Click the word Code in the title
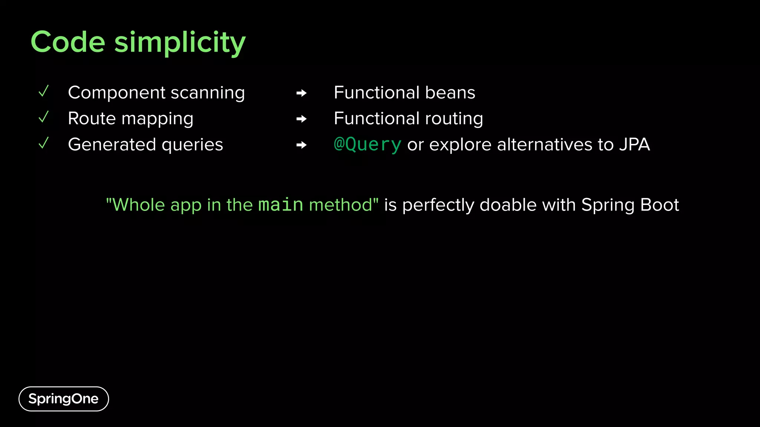68,42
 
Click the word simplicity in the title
180,43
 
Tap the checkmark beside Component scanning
44,91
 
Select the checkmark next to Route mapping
44,117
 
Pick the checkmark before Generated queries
44,143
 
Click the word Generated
112,145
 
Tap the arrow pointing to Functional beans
301,93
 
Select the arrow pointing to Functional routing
301,119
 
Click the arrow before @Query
301,145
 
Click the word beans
450,93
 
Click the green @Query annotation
367,145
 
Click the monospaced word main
281,205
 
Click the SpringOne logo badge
63,399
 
